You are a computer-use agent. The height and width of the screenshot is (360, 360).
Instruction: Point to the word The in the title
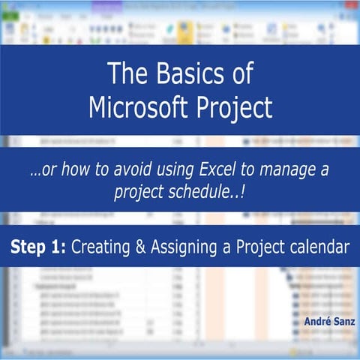point(124,74)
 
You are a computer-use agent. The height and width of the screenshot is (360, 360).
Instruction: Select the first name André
point(316,322)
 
